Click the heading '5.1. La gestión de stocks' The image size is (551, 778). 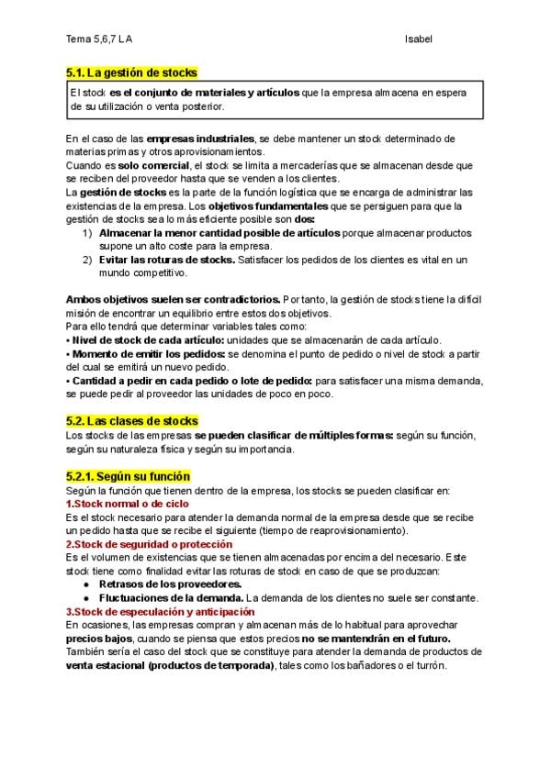[131, 72]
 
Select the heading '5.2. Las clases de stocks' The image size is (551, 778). [132, 420]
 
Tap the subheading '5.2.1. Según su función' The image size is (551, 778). [128, 476]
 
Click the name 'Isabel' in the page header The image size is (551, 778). [418, 39]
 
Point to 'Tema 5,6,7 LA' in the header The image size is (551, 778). [105, 39]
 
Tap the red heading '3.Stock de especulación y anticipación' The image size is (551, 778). [160, 611]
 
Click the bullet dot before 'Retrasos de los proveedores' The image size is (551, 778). [86, 584]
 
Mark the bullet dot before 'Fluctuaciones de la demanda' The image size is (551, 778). [86, 597]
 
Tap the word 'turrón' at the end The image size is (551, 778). [428, 665]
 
